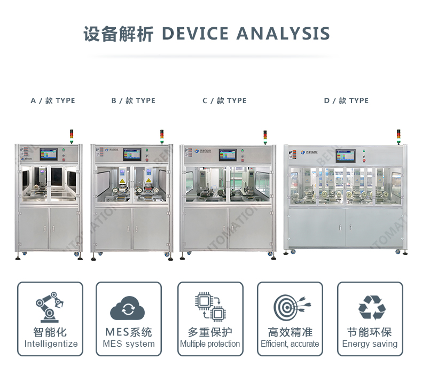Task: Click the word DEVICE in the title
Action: click(x=196, y=34)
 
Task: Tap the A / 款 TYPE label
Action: click(x=53, y=100)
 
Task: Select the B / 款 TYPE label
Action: click(x=134, y=100)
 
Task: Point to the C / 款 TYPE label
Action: click(x=224, y=100)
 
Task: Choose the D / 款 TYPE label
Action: click(x=346, y=100)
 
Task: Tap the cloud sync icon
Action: click(x=128, y=308)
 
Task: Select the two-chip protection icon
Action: click(x=209, y=307)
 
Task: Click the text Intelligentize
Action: click(x=51, y=344)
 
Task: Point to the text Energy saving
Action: click(x=370, y=344)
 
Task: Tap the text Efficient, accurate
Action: click(x=290, y=344)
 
